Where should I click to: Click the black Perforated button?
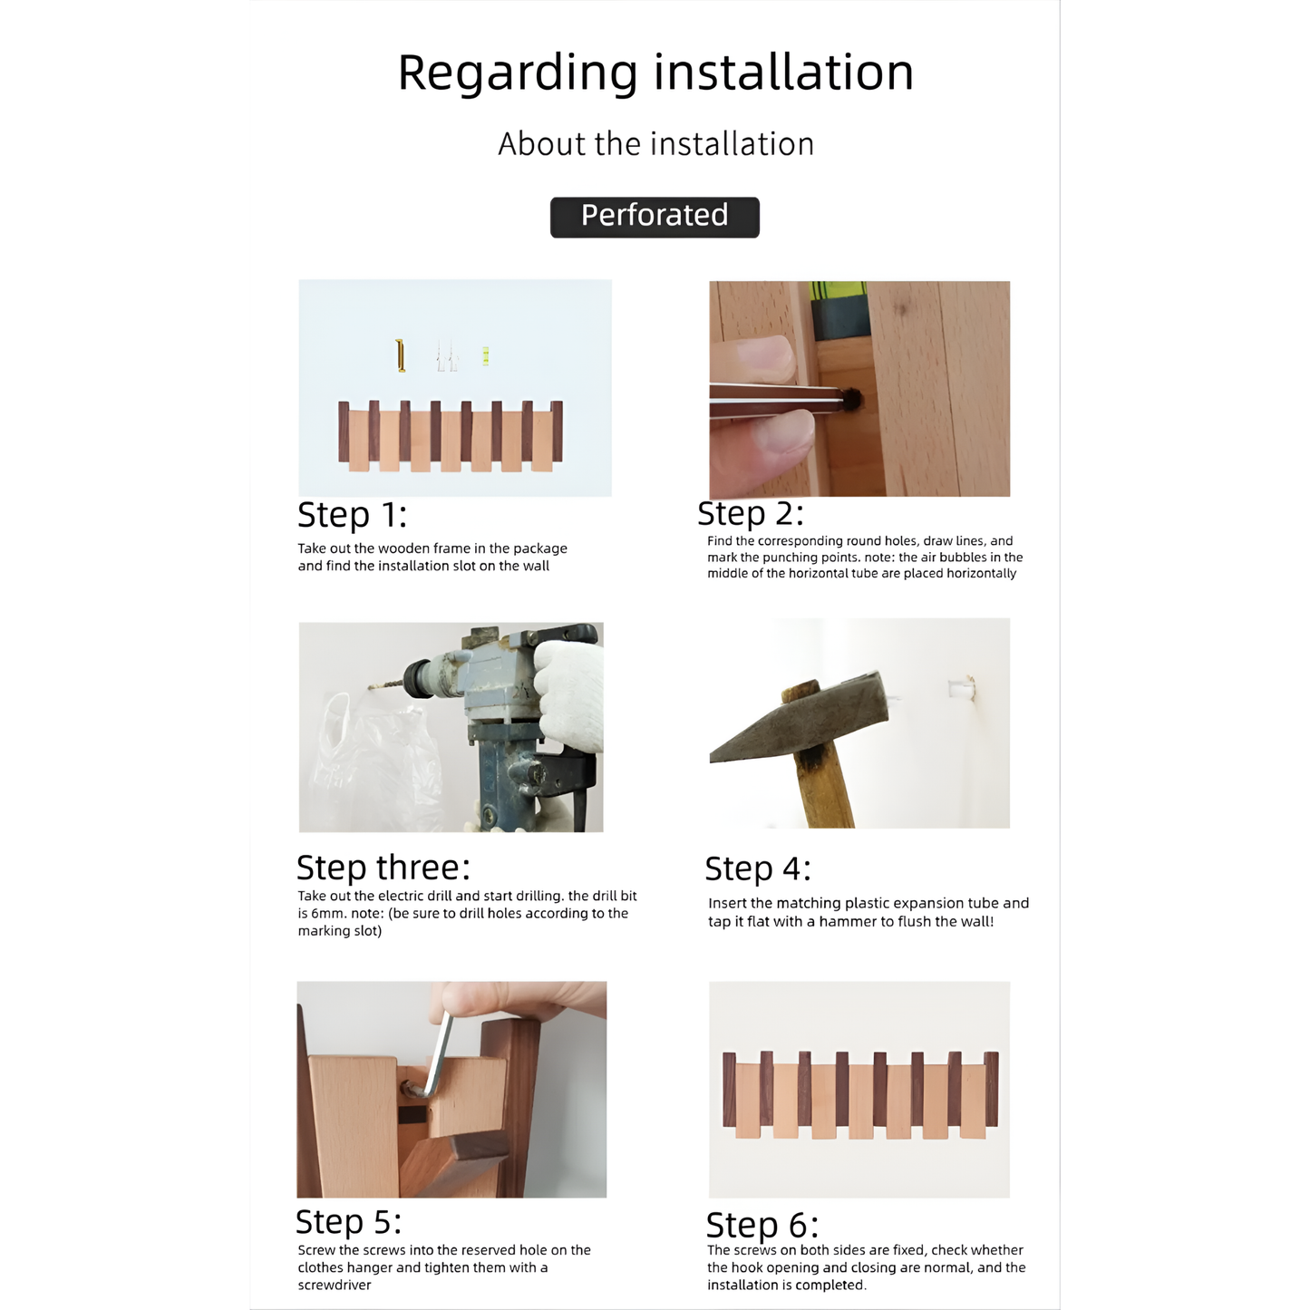[x=655, y=218]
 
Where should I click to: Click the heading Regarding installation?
[x=655, y=73]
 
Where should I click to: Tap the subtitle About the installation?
[x=655, y=144]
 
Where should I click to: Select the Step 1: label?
[x=352, y=515]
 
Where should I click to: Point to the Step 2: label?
[x=750, y=513]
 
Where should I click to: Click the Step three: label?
[x=383, y=868]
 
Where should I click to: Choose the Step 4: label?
[x=757, y=868]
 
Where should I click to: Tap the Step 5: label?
[x=348, y=1222]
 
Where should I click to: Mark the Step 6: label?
[x=762, y=1225]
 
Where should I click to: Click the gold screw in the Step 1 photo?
[x=401, y=355]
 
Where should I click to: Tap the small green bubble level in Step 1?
[x=486, y=356]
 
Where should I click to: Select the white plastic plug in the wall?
[x=961, y=689]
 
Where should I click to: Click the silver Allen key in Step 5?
[x=438, y=1056]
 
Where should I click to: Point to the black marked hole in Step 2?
[x=852, y=399]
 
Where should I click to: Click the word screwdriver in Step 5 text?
[x=335, y=1286]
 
